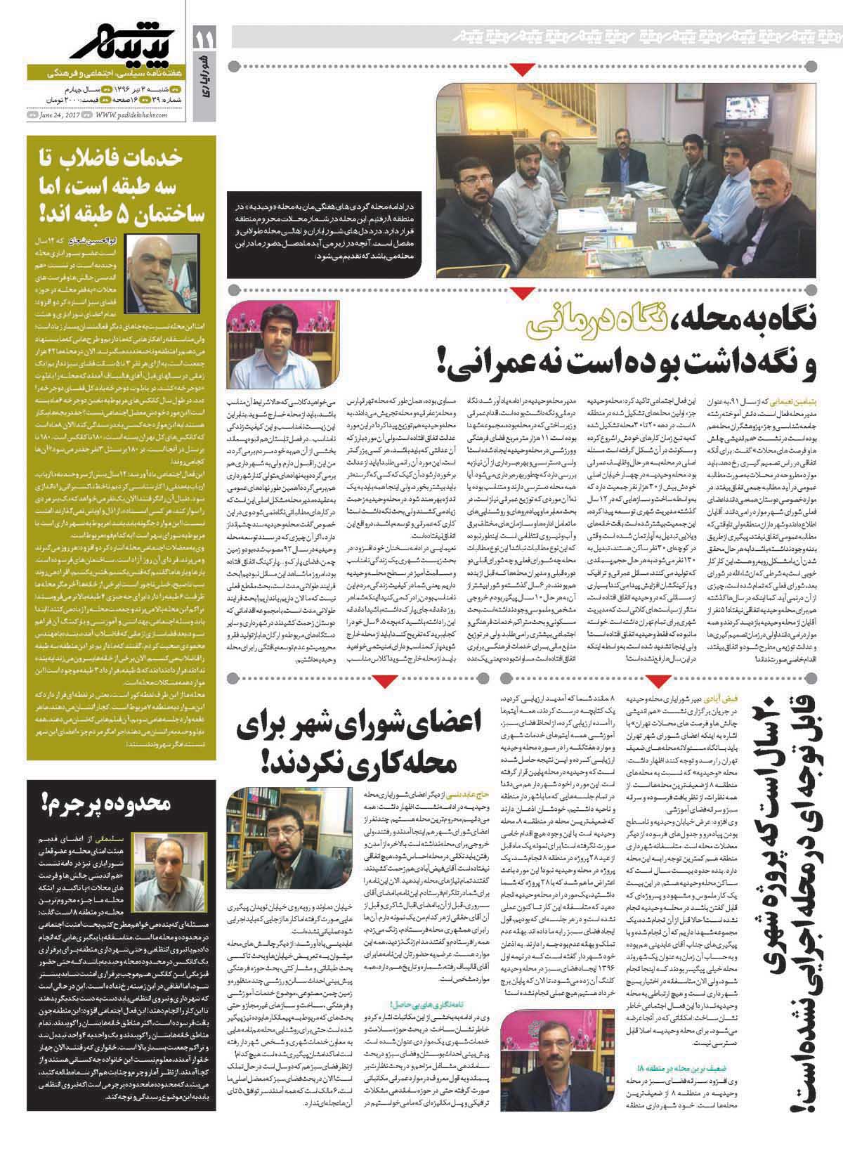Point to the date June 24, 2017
(60, 117)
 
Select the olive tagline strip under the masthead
(105, 73)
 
